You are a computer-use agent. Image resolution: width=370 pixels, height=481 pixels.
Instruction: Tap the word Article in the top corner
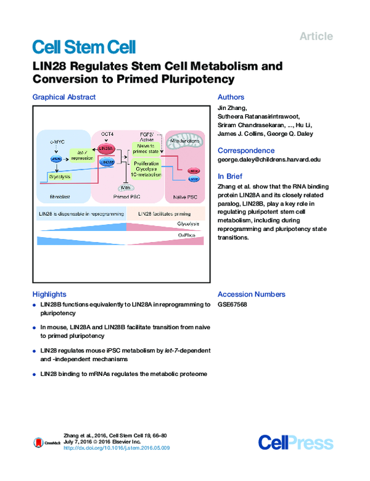coord(316,36)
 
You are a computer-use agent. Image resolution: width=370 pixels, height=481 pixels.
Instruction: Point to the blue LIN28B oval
coord(107,162)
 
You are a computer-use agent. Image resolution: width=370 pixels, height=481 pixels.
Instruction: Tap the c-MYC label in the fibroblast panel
coord(57,142)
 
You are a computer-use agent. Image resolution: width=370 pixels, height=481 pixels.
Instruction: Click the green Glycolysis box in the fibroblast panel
coord(59,177)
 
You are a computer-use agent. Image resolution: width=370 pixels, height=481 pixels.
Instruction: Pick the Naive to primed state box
coord(147,149)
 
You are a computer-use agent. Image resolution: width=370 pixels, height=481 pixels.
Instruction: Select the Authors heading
coord(231,97)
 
